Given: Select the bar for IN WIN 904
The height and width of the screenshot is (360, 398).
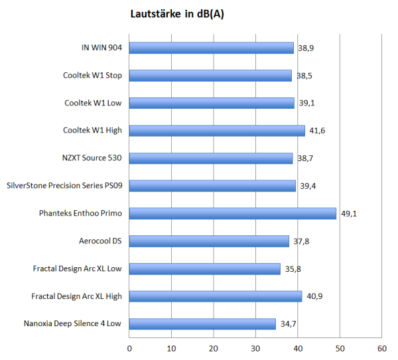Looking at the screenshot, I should pos(211,48).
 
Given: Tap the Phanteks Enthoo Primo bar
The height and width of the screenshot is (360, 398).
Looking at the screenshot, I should pos(233,213).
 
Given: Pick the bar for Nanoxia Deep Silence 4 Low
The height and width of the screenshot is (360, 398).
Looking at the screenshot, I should pos(202,324).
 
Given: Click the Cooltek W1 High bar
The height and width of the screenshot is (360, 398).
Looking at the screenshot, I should pos(217,131).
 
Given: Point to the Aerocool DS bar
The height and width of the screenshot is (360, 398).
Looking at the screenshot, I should pos(209,241).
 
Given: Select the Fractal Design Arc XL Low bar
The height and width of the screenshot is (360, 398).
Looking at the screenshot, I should pos(205,269).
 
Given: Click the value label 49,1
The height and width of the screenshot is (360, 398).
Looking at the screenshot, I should pos(349,214).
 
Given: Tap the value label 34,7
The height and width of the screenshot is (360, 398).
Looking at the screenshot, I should pos(288,324).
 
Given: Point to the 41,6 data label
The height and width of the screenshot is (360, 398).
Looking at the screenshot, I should pos(317,131).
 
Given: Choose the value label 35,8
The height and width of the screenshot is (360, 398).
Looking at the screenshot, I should pos(293,269).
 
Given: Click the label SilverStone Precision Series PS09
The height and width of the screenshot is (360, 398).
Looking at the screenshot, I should pos(64,186).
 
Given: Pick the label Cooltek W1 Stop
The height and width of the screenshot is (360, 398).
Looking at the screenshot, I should pos(92,75).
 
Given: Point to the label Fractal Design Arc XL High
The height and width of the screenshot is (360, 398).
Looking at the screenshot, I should pos(77,296).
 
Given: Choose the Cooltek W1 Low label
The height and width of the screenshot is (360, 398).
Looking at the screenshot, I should pos(93,103).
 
